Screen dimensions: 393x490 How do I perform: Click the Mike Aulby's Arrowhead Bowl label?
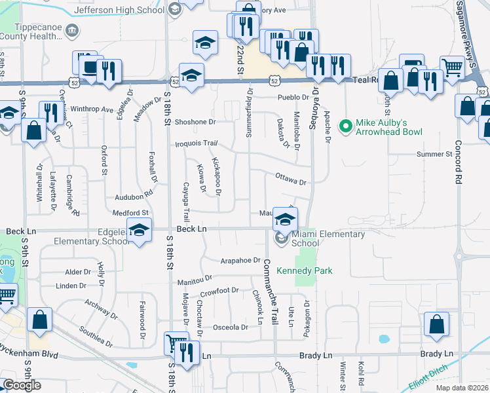tap(388, 127)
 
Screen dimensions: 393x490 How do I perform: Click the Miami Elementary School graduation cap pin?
tap(285, 219)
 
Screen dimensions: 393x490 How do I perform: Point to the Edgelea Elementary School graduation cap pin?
tap(139, 231)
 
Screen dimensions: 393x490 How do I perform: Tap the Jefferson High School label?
tap(119, 10)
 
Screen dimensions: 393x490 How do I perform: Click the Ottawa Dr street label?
tap(291, 178)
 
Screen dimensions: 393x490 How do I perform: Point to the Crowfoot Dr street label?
tap(219, 291)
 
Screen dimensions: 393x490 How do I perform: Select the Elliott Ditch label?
tap(434, 375)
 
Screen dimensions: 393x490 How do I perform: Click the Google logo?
tap(22, 385)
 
